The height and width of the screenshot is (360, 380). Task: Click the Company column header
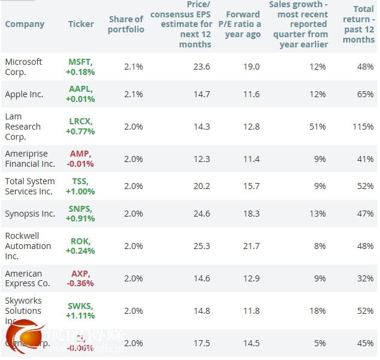point(25,24)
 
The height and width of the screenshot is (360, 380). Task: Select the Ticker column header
point(81,24)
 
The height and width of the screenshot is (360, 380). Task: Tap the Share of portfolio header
point(126,24)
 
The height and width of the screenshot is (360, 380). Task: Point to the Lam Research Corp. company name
point(23,127)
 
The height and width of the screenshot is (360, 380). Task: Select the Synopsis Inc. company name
point(30,214)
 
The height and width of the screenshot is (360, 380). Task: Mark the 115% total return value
point(363,127)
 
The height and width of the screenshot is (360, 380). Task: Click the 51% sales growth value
point(318,127)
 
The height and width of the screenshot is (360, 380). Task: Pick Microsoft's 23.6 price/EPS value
point(202,67)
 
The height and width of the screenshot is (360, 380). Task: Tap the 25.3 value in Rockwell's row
point(202,246)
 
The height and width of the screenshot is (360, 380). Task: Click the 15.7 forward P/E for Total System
point(252,186)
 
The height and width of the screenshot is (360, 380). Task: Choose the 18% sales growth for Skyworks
point(318,311)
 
